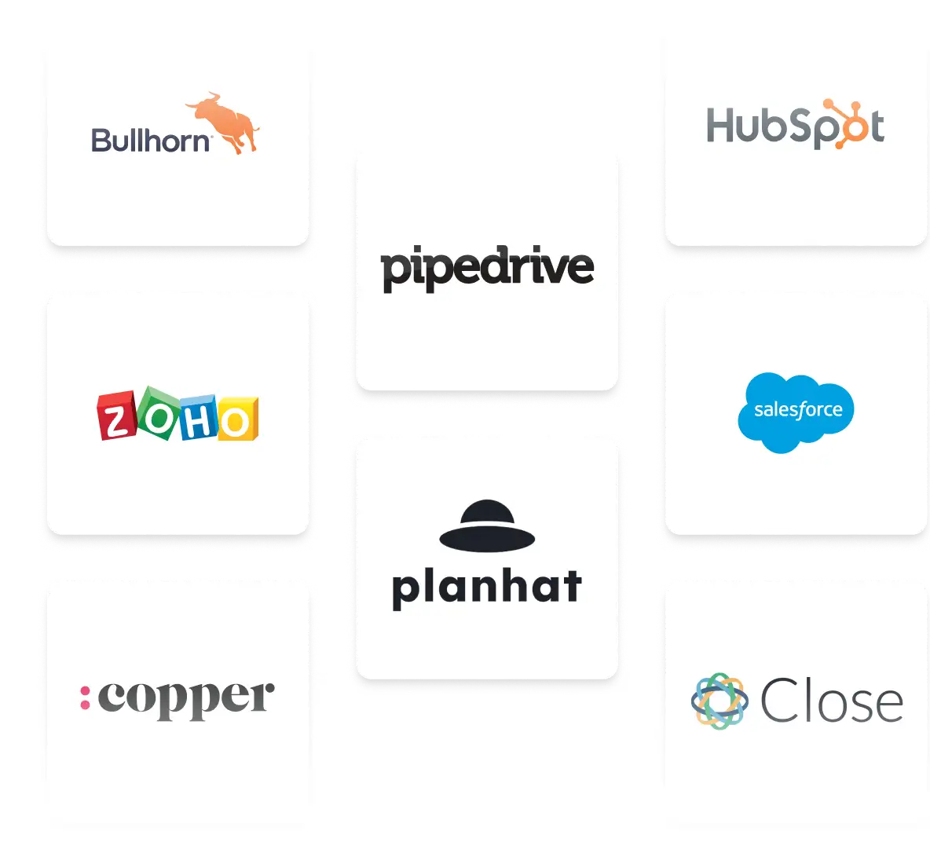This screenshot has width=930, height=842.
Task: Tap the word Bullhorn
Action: click(151, 141)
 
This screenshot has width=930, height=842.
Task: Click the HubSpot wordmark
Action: click(795, 126)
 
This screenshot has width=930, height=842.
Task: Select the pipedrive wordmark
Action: click(487, 268)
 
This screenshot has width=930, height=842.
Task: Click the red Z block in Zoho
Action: click(116, 416)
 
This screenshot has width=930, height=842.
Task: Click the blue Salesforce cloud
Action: click(795, 412)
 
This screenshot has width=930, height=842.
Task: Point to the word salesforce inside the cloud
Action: click(797, 410)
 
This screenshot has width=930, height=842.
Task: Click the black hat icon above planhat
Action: click(487, 525)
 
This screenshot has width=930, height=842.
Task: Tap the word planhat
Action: click(487, 588)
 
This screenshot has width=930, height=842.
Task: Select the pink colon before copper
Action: click(85, 697)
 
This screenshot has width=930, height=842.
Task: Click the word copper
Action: click(186, 698)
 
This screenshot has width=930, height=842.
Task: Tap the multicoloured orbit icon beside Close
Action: click(719, 701)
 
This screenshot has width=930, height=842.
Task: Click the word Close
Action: click(831, 701)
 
